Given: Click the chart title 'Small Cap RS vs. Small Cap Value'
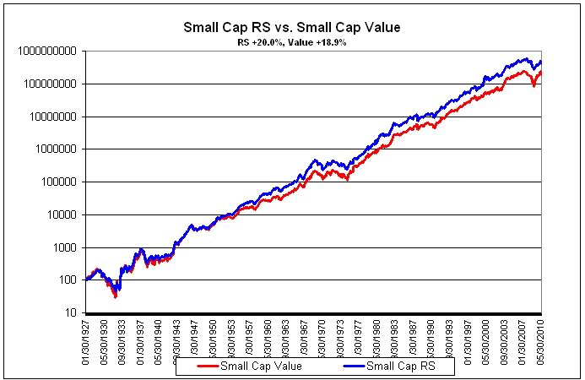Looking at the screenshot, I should [292, 27].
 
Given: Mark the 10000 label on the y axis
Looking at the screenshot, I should [61, 214].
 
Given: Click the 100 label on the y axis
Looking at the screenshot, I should [67, 280].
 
